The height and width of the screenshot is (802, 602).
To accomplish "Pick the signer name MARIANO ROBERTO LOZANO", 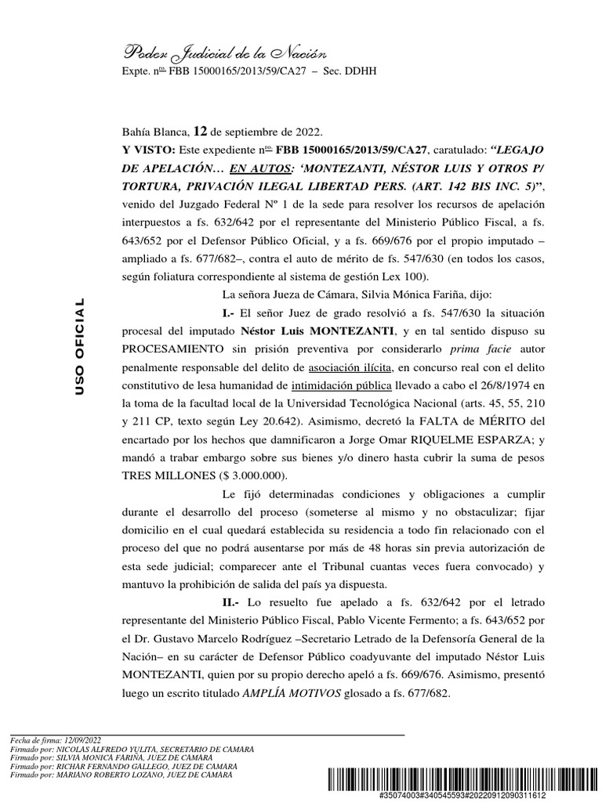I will tap(105, 775).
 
